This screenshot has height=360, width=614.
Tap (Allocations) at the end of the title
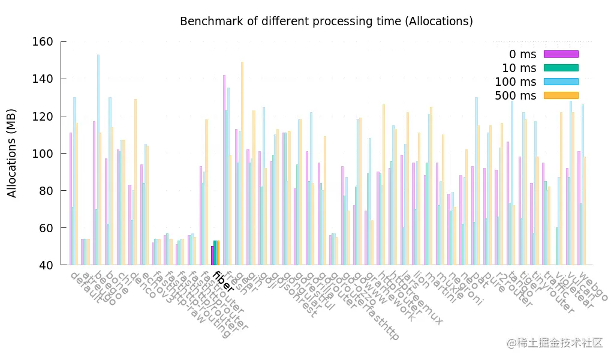[439, 22]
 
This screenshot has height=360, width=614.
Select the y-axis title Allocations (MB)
[12, 153]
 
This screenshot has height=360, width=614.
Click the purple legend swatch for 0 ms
[561, 54]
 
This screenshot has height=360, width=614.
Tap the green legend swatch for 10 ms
[561, 68]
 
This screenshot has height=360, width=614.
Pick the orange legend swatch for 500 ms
[561, 95]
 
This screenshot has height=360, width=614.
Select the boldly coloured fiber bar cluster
[215, 253]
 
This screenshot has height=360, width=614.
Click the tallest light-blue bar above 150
[98, 159]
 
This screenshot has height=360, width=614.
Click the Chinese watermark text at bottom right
[555, 343]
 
